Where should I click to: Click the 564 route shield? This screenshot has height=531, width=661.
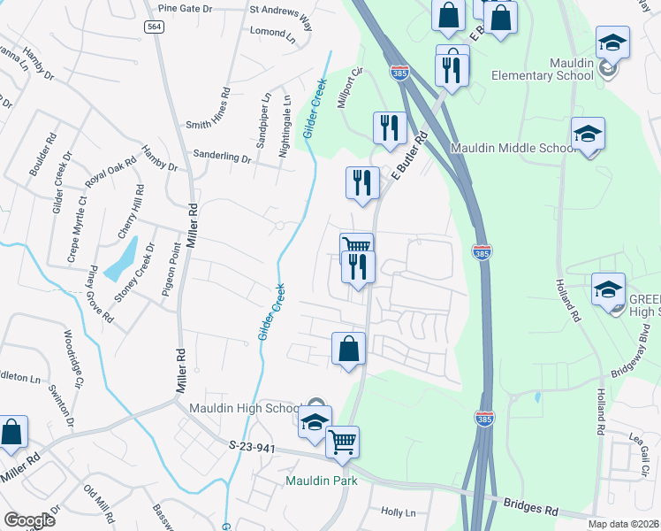(x=155, y=27)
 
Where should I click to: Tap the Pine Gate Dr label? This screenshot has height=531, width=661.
(x=186, y=9)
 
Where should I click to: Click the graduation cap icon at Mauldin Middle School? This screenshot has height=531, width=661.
(x=588, y=134)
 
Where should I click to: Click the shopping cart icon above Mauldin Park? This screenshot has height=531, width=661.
(x=343, y=440)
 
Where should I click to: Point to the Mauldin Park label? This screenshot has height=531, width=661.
(x=321, y=481)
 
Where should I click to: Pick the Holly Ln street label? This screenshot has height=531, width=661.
(x=398, y=512)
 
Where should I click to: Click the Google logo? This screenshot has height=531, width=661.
(x=30, y=520)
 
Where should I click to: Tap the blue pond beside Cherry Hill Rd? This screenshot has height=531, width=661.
(x=121, y=259)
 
